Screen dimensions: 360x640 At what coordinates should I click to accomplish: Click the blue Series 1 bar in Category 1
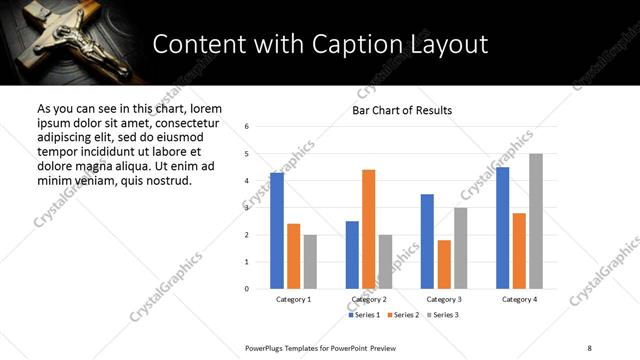coord(277,231)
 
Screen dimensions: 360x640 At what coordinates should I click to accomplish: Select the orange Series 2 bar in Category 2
coord(369,229)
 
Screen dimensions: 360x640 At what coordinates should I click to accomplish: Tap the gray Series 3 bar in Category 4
coord(536,221)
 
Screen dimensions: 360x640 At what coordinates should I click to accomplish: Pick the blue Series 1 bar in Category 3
coord(427,241)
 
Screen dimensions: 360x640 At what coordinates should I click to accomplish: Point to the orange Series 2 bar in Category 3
coord(444,264)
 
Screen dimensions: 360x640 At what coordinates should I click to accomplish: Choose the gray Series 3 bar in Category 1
coord(310,262)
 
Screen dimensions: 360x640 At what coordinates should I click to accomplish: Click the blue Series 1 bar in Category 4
coord(502,228)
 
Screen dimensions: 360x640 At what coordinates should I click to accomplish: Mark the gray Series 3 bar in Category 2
coord(386,262)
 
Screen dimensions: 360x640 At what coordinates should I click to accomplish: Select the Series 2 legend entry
coord(402,315)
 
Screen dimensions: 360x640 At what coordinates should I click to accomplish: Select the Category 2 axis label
coord(369,300)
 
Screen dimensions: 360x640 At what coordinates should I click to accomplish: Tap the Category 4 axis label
coord(519,300)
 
